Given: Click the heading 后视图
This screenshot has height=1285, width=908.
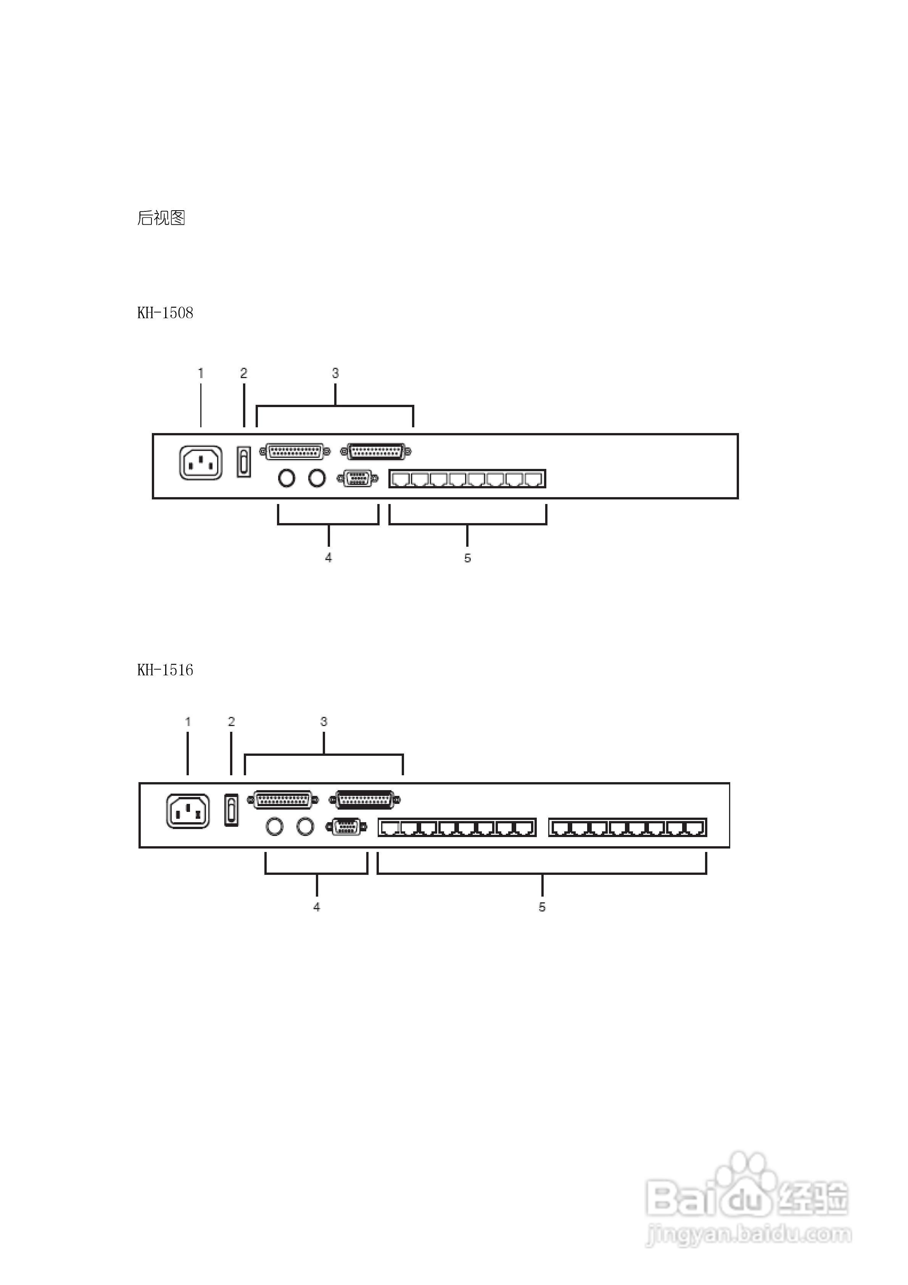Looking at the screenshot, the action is coord(161,218).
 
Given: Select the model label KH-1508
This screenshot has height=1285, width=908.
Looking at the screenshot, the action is coord(165,313).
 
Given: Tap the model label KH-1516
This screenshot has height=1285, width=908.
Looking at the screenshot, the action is coord(165,670).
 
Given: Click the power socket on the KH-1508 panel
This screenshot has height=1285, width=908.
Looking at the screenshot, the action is coord(200,462).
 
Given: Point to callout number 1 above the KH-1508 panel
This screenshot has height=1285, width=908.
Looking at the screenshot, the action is coord(200,373).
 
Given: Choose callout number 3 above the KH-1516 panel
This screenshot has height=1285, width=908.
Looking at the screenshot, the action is coord(324,721).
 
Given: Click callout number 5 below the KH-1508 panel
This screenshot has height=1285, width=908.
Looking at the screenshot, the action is coord(467,558).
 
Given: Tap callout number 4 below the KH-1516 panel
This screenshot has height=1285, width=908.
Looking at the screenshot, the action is coord(317,907).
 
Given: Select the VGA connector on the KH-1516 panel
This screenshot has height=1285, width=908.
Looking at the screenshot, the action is coord(346,827).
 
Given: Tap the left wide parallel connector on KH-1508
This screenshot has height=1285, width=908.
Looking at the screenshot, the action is coord(295,451).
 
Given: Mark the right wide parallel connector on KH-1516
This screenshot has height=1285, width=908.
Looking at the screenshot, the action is coord(365,800).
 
